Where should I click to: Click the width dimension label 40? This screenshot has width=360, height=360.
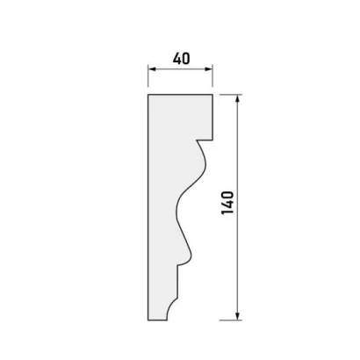coord(181,59)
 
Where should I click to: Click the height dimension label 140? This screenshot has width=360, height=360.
coord(227,203)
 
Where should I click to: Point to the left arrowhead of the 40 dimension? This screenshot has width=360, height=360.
coord(152,69)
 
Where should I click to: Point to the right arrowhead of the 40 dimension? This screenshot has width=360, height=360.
coord(208,69)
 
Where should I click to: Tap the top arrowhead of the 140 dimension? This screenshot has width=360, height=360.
coord(238,98)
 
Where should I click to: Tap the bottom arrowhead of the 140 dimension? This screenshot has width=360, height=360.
coord(238,316)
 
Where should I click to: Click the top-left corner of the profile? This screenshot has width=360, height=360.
coord(148,95)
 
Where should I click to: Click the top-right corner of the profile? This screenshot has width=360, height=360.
coord(212,95)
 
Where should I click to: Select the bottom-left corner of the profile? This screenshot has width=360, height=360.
coord(148,320)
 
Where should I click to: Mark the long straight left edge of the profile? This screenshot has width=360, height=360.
coord(148,207)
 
